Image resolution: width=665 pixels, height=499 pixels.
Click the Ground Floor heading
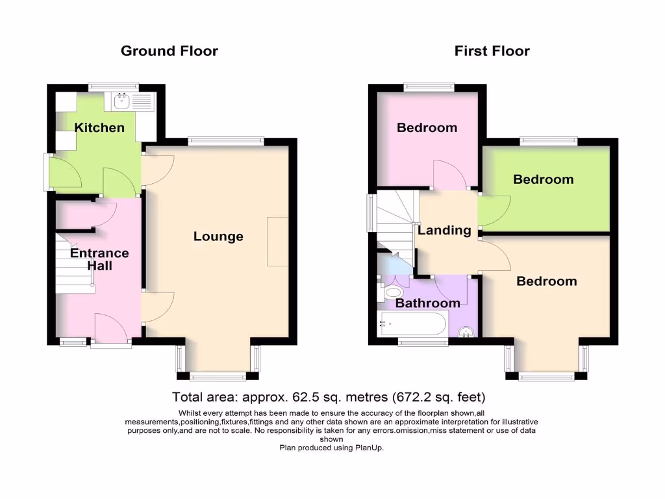tap(169, 51)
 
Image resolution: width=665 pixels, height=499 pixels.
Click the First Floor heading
tap(492, 51)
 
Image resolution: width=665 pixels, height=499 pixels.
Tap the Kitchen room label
tap(99, 127)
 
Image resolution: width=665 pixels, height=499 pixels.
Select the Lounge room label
tap(218, 237)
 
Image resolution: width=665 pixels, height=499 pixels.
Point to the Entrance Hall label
tap(99, 259)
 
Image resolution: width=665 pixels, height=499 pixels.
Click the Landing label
tap(444, 230)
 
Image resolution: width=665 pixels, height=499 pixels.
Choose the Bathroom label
tap(428, 303)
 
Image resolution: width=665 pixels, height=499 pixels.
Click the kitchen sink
tap(122, 101)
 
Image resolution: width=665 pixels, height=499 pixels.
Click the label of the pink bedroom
tap(427, 127)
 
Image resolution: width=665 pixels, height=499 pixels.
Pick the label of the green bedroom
tap(544, 179)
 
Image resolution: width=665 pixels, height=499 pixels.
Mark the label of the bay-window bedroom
tap(546, 281)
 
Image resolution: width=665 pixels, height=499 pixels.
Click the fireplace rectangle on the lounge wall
tap(277, 241)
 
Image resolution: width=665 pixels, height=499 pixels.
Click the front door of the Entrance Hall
tap(110, 330)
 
